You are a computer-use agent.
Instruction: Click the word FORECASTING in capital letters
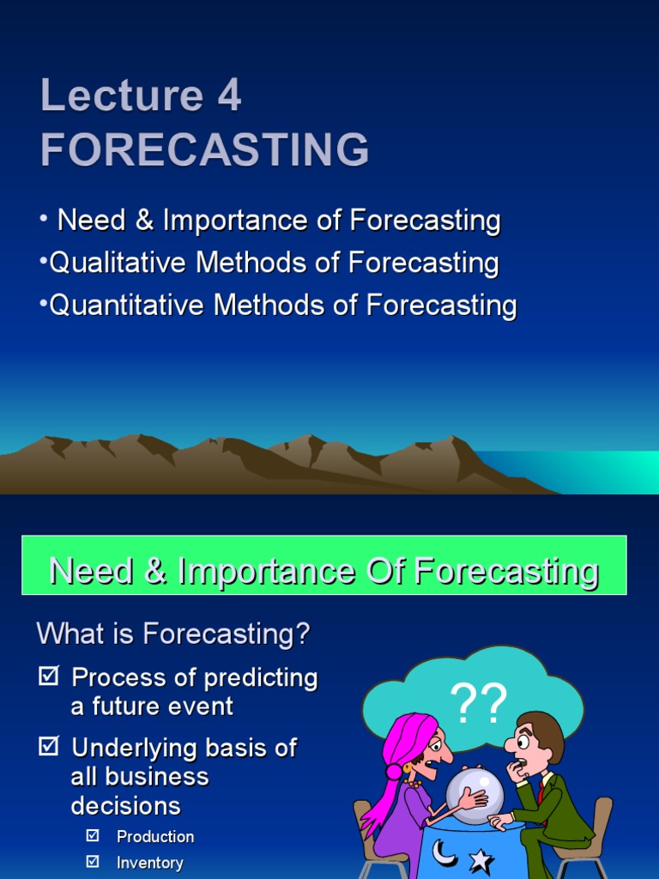204,149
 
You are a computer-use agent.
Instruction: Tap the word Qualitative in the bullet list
118,263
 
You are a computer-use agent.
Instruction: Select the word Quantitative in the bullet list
126,305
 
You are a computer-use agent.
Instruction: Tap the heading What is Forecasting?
173,635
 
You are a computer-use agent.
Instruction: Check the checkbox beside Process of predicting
49,677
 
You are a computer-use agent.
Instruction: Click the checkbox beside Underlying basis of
49,748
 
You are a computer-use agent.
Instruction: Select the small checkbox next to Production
94,836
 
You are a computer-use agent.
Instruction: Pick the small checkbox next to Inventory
94,862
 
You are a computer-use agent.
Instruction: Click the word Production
155,837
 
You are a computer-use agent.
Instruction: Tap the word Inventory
150,863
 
